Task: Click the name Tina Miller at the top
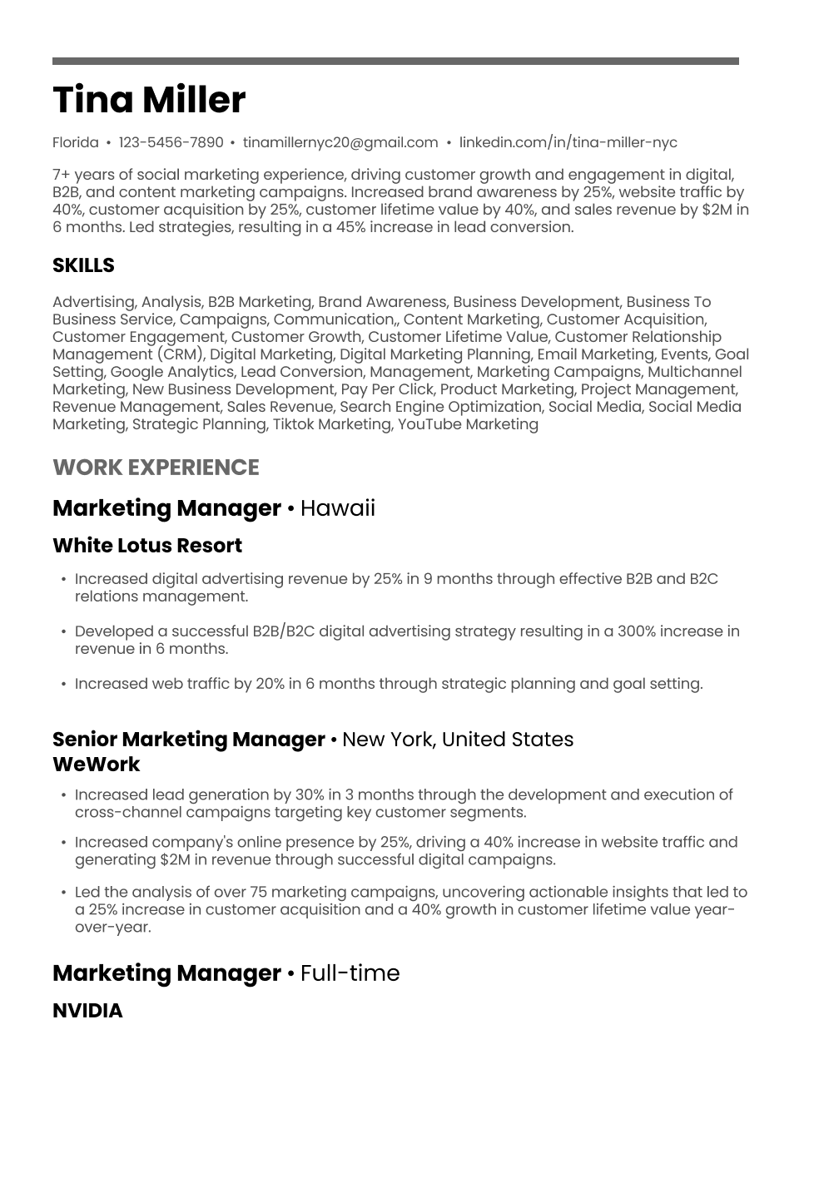click(149, 100)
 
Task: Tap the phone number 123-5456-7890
click(171, 142)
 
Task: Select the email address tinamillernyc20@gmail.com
click(340, 142)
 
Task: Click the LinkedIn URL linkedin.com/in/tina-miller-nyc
click(568, 142)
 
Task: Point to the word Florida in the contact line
click(76, 142)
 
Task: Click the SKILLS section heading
click(83, 265)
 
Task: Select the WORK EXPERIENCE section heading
click(156, 468)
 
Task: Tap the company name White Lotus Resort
click(147, 546)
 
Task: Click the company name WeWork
click(97, 765)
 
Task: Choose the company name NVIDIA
click(87, 1011)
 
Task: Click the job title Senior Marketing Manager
click(189, 740)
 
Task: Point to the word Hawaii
click(337, 508)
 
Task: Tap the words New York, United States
click(458, 740)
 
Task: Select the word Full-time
click(350, 973)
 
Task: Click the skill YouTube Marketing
click(468, 424)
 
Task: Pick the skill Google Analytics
click(172, 372)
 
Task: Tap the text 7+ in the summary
click(61, 175)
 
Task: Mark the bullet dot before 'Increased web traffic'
click(64, 685)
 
